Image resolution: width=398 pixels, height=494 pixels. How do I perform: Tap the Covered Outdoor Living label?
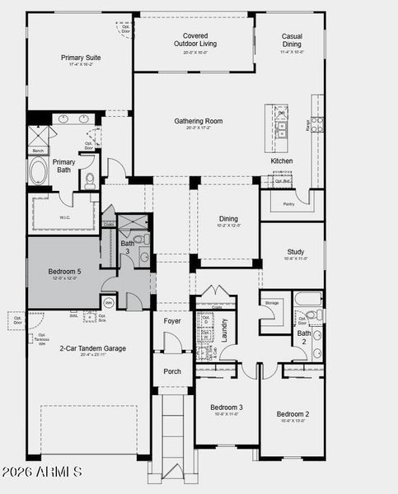click(196, 40)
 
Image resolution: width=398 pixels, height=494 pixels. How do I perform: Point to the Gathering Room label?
click(198, 121)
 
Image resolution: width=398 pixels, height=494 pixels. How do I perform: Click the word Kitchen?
click(282, 161)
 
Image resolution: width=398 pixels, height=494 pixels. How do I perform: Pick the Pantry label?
click(288, 203)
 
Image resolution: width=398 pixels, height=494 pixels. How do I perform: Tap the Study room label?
click(296, 252)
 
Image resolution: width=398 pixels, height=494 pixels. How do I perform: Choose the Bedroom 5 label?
click(65, 272)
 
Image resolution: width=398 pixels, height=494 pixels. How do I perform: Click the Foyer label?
click(172, 321)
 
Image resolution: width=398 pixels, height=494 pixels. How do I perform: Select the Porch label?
click(172, 371)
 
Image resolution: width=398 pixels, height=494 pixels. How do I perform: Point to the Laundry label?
click(224, 329)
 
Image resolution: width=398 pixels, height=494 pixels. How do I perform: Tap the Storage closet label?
click(272, 303)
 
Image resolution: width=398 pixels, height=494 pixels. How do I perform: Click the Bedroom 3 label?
click(226, 408)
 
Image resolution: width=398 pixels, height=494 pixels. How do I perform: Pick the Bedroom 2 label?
click(293, 413)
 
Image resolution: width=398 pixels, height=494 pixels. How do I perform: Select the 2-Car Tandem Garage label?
click(92, 348)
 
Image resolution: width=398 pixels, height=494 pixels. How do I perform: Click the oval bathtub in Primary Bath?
click(39, 172)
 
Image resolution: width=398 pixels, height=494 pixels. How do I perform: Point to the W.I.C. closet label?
click(64, 218)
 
